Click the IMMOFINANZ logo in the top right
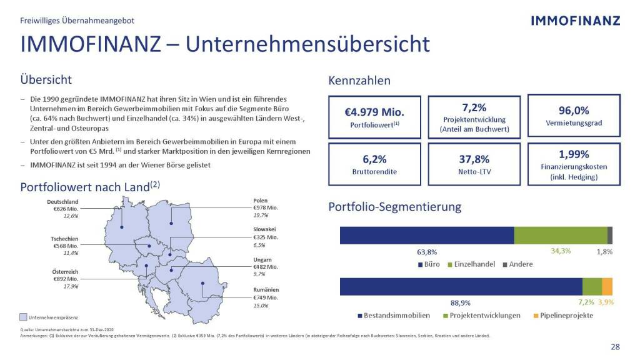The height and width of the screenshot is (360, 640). click(575, 21)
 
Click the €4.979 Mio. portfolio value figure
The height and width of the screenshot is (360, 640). click(374, 112)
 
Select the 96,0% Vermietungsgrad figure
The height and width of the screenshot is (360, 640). click(574, 110)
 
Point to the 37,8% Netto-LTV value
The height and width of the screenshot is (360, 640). click(474, 159)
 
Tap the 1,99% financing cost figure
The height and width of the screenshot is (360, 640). click(574, 154)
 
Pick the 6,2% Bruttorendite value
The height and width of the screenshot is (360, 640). click(374, 159)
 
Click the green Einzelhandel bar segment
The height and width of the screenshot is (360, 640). click(560, 235)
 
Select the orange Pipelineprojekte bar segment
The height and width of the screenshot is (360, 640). click(607, 286)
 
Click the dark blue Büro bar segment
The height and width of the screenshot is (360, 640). click(426, 235)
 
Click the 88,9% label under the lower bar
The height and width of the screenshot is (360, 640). click(461, 302)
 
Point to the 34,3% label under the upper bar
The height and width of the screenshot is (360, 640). click(561, 251)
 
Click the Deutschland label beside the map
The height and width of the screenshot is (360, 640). click(63, 202)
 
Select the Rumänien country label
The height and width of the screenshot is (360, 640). click(266, 290)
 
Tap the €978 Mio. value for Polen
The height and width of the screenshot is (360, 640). click(266, 207)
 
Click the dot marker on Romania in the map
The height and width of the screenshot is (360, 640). click(202, 283)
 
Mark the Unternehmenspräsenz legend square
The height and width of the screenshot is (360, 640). click(24, 317)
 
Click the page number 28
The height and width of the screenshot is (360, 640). click(615, 347)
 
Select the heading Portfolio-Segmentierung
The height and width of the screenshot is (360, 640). click(394, 207)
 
